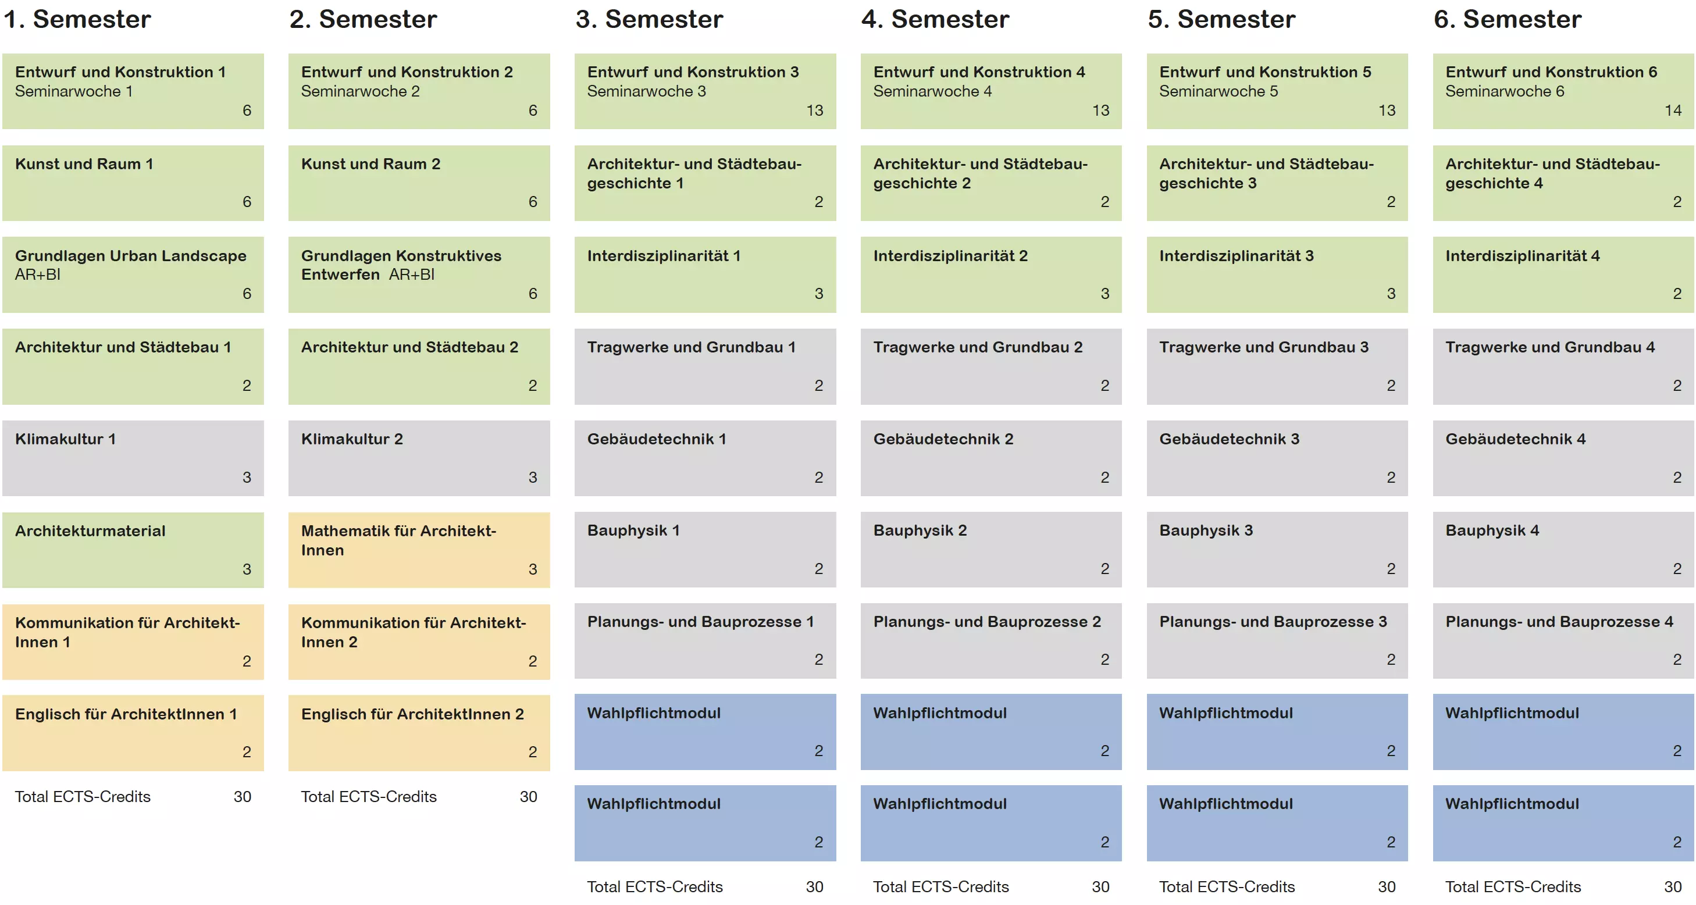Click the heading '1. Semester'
[x=77, y=20]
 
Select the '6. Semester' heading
[x=1508, y=20]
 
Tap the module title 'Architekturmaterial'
[x=90, y=531]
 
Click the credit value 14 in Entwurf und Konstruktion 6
[x=1673, y=111]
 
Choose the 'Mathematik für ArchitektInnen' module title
[x=398, y=540]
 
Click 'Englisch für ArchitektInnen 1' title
[x=126, y=714]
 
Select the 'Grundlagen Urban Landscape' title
[x=130, y=256]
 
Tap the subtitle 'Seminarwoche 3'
[x=647, y=91]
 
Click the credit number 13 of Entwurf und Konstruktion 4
[x=1101, y=111]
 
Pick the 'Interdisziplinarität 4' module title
[x=1522, y=256]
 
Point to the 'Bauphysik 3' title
[x=1206, y=530]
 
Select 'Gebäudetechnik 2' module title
[x=943, y=439]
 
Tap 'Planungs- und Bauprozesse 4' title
[x=1559, y=622]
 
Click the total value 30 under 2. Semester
[x=529, y=796]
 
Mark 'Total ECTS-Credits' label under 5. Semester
[x=1227, y=887]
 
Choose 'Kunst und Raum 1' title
[x=84, y=164]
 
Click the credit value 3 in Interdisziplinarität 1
[x=818, y=294]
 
